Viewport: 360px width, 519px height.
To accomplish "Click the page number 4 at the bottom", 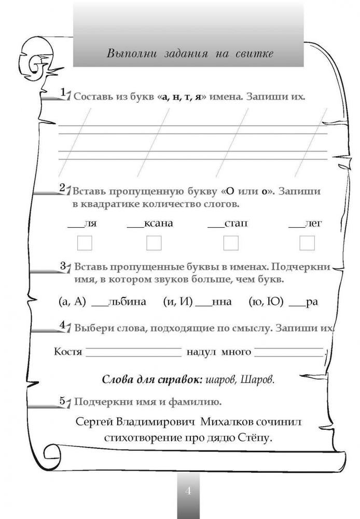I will [188, 490].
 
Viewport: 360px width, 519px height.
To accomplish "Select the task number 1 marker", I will [63, 93].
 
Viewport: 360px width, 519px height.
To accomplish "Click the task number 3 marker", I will [63, 266].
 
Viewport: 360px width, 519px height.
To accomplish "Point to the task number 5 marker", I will [63, 401].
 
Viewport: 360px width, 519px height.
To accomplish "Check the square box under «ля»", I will [84, 243].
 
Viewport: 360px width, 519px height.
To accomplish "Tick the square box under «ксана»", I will [154, 243].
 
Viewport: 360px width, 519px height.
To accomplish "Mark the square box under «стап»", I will [230, 243].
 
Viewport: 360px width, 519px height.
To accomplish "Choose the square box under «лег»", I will [307, 243].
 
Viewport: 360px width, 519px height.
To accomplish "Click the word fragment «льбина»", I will [128, 302].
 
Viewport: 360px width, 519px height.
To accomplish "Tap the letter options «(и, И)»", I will [177, 302].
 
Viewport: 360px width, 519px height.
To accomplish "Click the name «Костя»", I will [68, 352].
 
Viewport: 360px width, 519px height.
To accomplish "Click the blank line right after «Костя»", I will [133, 353].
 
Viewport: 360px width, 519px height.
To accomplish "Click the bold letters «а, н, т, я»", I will [179, 97].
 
